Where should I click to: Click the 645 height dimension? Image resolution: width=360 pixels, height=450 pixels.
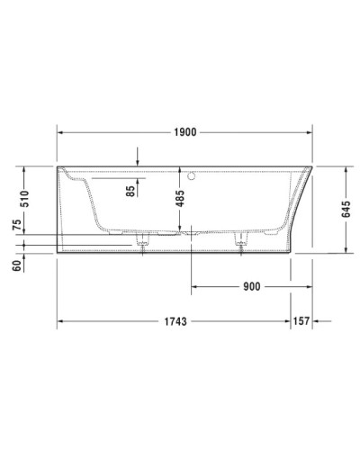pos(346,210)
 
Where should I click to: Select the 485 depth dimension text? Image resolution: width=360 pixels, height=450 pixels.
pos(179,198)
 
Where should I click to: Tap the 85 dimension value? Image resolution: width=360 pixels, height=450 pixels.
pos(131,190)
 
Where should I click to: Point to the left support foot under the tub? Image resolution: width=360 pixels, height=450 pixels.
pos(141,242)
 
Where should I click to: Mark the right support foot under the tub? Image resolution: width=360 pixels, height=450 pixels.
pos(240,242)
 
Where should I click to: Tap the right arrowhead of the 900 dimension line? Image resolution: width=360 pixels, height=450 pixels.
pos(288,287)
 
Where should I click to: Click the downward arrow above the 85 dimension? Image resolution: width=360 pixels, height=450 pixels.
pos(138,160)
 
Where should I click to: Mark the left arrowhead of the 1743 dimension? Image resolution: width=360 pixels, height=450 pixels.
pos(61,320)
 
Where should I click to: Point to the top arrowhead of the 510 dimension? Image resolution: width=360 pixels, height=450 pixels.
pos(24,169)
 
